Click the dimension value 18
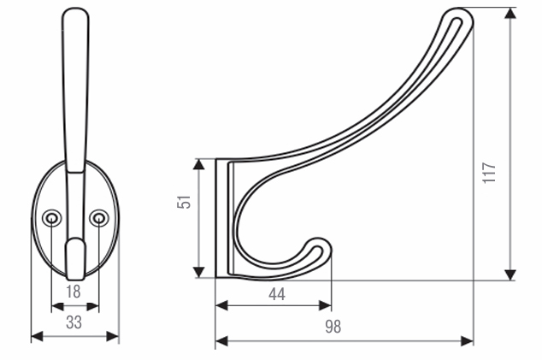point(74,292)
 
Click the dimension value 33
point(74,322)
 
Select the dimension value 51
point(184,202)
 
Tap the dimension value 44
point(277,294)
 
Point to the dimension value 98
point(333,327)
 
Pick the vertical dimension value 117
point(489,172)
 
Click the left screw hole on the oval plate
point(52,218)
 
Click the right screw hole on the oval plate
point(99,218)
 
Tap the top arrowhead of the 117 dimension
point(510,13)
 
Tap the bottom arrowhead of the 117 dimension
point(510,275)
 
